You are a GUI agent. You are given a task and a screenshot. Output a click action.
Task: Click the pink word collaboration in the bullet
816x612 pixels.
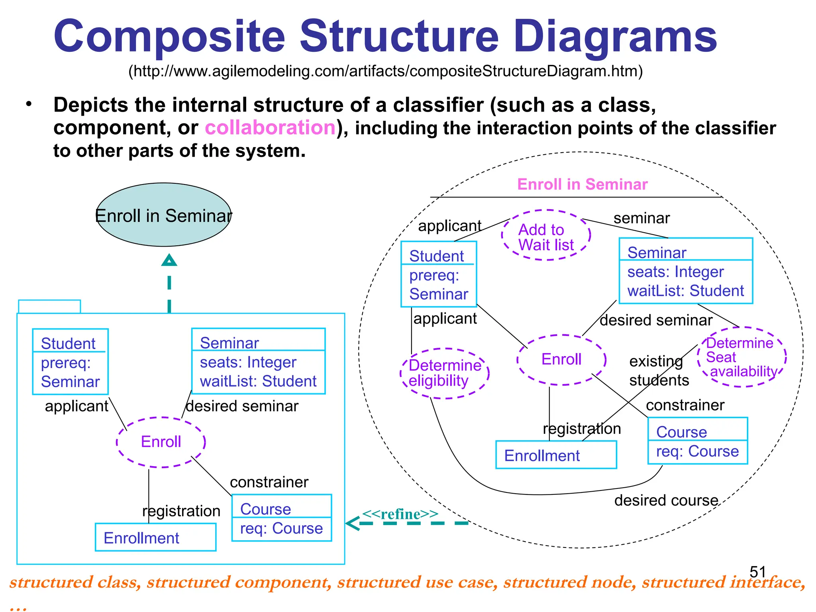270,128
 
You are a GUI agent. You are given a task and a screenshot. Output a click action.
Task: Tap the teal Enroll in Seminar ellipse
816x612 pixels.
163,215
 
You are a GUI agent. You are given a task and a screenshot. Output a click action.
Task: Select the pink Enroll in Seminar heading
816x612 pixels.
582,184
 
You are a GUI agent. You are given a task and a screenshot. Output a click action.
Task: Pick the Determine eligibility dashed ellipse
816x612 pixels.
444,373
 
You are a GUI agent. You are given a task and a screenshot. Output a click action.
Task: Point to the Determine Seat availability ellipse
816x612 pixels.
741,357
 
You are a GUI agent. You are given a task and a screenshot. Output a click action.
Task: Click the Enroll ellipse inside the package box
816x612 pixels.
161,442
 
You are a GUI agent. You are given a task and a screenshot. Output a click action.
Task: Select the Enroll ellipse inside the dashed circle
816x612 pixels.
561,359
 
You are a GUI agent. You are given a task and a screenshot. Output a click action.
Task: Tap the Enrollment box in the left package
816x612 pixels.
155,537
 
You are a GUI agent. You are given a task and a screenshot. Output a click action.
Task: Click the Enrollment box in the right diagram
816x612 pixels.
556,455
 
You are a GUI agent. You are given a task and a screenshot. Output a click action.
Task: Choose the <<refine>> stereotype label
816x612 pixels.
400,514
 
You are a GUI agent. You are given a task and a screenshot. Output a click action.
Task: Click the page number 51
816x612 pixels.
757,572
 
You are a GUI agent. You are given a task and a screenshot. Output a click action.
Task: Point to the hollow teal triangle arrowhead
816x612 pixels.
169,261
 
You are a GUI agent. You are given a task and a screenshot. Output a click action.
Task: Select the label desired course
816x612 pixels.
666,500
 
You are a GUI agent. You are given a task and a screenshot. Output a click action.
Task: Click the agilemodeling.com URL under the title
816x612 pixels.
385,71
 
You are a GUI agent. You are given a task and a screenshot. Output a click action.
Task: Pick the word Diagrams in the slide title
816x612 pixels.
615,37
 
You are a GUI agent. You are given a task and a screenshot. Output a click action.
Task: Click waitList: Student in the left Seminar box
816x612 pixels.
258,381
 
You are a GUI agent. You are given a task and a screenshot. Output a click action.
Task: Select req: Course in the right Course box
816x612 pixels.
697,451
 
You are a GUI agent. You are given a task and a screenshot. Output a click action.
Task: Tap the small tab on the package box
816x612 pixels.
49,306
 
